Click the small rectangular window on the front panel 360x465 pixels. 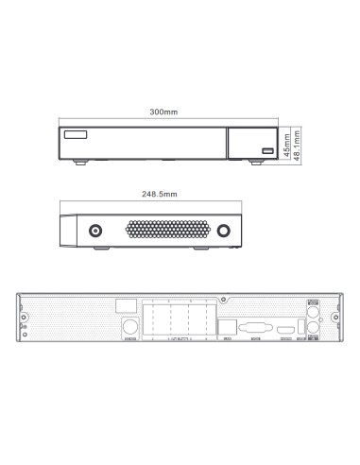tap(75, 134)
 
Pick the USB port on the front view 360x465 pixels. tap(267, 150)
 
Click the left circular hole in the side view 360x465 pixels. tap(96, 230)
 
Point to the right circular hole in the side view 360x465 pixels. tap(223, 230)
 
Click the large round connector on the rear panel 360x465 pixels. tap(131, 327)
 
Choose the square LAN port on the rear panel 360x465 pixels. tap(226, 328)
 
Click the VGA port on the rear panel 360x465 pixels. tap(253, 330)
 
